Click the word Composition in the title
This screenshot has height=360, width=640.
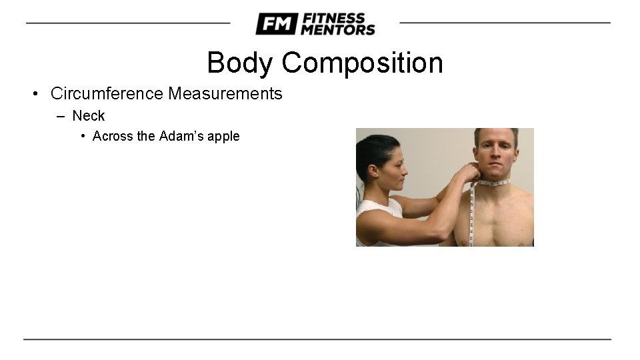tap(362, 63)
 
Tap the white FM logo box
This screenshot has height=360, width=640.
tap(275, 24)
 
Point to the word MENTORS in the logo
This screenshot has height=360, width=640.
tap(338, 29)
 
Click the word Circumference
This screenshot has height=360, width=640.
tap(107, 93)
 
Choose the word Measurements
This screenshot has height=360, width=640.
tap(225, 93)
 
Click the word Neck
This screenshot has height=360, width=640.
tap(89, 116)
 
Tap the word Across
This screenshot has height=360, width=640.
tap(113, 136)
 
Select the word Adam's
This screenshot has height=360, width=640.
tap(183, 136)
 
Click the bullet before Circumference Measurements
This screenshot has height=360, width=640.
tap(34, 93)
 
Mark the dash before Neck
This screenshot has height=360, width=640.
tap(61, 116)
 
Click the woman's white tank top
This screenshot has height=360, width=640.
tap(376, 220)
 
